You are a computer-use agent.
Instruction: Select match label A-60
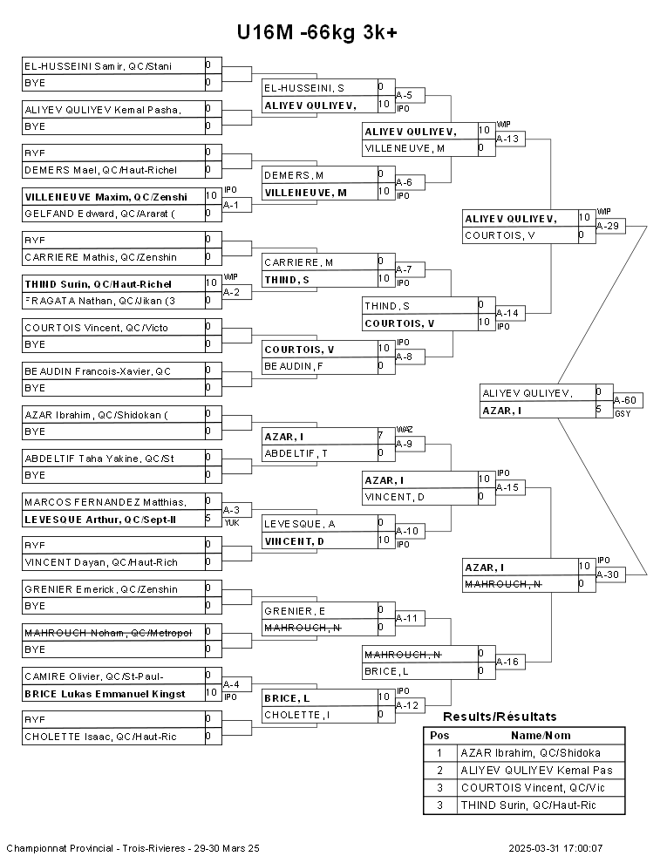(x=629, y=400)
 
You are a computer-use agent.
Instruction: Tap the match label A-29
(x=609, y=226)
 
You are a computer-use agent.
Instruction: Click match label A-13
(x=508, y=138)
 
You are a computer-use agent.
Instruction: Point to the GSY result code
(x=623, y=413)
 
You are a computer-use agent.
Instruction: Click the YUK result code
(x=231, y=522)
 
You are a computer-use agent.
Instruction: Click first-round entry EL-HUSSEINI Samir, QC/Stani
(x=98, y=65)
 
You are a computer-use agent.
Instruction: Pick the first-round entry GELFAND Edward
(x=99, y=214)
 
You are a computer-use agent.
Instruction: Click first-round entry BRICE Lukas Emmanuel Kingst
(x=105, y=694)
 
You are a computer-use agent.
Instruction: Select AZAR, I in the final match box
(x=505, y=411)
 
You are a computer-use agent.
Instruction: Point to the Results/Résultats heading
(x=500, y=717)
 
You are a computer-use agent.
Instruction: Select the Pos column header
(x=439, y=735)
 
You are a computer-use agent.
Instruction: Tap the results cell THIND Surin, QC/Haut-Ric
(x=528, y=805)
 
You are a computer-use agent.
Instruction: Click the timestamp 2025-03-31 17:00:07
(x=555, y=847)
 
